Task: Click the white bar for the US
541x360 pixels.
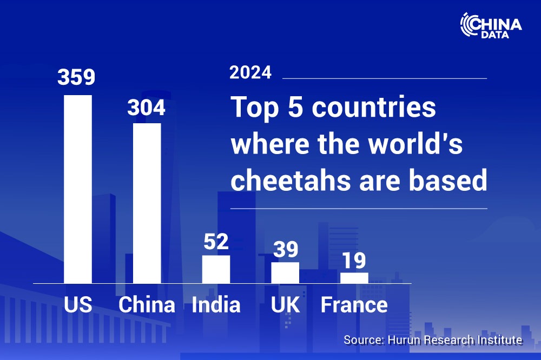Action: point(78,189)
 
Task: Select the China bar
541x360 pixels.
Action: point(147,203)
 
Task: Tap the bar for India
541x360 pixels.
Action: point(216,269)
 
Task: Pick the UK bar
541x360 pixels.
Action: point(285,273)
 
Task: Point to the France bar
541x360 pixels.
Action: point(354,278)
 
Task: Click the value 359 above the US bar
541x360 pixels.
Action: point(76,77)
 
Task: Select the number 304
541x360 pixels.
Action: point(146,108)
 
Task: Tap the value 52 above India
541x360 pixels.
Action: point(216,242)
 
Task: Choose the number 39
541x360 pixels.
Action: point(285,249)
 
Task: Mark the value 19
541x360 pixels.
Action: point(354,261)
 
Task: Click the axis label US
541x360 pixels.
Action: point(78,305)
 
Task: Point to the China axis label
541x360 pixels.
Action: point(147,305)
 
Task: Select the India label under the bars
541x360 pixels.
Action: point(216,305)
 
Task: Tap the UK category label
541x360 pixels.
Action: point(285,305)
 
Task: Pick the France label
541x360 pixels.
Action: point(354,305)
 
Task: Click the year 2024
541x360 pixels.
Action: point(250,73)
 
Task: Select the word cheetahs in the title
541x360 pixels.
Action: point(289,181)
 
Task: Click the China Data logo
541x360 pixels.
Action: point(491,25)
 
